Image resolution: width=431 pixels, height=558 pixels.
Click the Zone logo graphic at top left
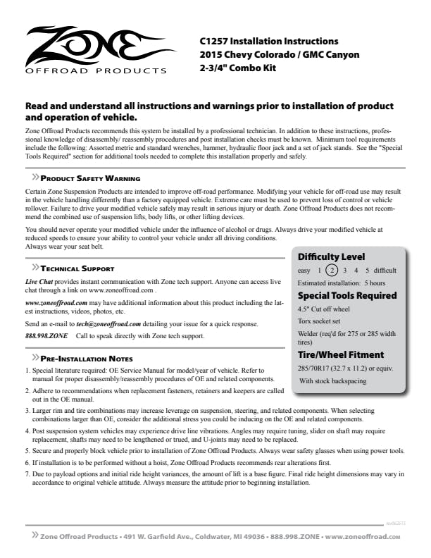tap(92, 49)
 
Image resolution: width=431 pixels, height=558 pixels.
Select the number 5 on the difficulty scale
tap(368, 270)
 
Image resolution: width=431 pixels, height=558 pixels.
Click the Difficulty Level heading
tap(331, 256)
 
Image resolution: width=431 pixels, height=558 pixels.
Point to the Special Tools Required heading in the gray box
tap(347, 295)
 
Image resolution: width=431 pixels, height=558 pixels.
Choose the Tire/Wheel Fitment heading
tap(341, 354)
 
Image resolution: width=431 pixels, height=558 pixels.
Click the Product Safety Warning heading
tap(89, 179)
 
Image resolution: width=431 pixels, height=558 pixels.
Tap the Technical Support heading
tap(77, 268)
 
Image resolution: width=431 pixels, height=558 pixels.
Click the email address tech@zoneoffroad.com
tap(108, 324)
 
